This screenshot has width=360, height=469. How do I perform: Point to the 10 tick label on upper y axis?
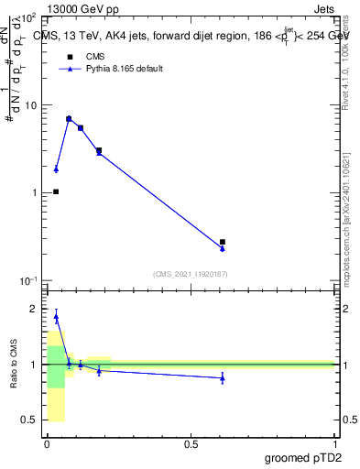tap(30, 105)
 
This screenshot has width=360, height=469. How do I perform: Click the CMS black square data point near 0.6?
tap(223, 242)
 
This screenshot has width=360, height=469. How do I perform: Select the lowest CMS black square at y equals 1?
tap(56, 191)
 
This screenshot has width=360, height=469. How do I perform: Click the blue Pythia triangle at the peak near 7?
tap(69, 119)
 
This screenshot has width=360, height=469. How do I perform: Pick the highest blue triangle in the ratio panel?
tap(56, 317)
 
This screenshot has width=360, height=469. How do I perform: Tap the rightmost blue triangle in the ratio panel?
tap(223, 377)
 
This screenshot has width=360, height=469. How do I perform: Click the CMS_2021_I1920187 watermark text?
tap(191, 273)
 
